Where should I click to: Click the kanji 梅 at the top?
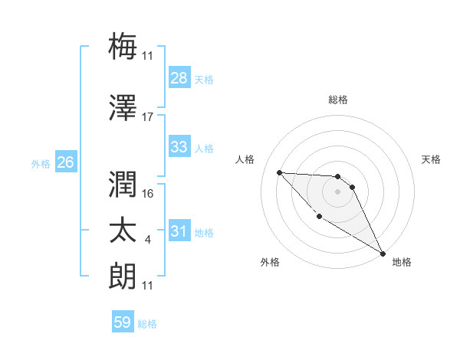[123, 45]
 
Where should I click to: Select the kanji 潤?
[123, 183]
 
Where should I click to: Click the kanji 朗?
[123, 276]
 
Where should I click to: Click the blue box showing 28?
[179, 78]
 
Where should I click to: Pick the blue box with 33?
[179, 147]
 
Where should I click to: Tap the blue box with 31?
[179, 232]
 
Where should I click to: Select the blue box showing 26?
[66, 162]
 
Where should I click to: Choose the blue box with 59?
[122, 322]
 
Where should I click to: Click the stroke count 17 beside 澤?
[148, 117]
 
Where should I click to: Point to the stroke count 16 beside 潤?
[149, 194]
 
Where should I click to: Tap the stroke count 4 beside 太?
[147, 241]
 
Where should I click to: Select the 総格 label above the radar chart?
[338, 100]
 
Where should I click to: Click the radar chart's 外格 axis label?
[270, 262]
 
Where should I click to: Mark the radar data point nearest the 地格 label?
[383, 254]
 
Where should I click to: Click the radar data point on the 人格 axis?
[280, 172]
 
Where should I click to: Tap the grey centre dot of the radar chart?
[337, 191]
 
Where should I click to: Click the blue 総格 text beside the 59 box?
[148, 324]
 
